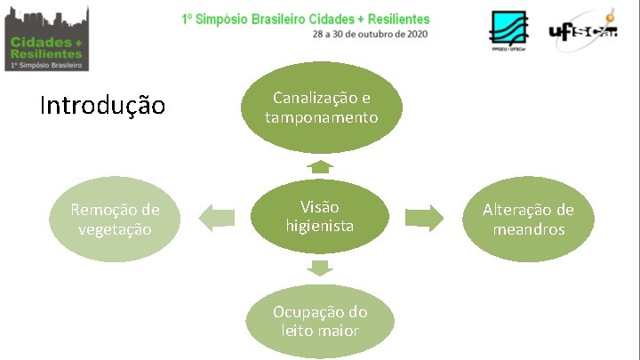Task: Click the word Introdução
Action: [102, 107]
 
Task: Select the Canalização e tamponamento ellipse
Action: [321, 108]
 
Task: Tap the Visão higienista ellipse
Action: [319, 216]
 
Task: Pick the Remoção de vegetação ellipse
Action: [116, 219]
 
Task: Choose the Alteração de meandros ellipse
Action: [528, 219]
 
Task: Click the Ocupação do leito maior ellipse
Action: [320, 321]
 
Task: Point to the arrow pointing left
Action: [217, 217]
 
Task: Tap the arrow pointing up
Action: [320, 166]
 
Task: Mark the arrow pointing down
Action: [320, 268]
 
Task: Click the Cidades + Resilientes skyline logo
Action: [45, 37]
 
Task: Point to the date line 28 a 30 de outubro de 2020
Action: [369, 34]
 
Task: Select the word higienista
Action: [319, 226]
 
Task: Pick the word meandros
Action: [528, 229]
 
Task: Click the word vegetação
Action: [116, 229]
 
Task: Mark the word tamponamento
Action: [321, 117]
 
